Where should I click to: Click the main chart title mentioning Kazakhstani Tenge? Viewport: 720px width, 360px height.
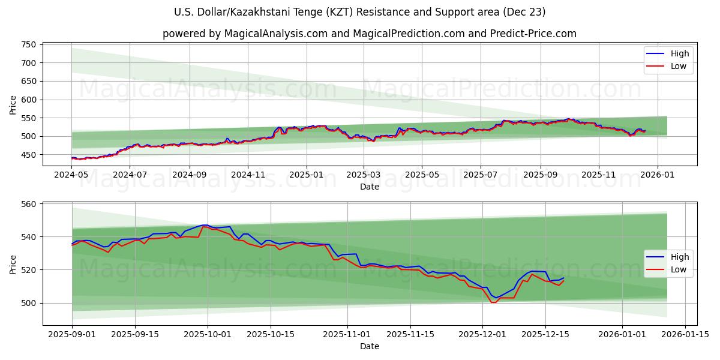tap(360, 12)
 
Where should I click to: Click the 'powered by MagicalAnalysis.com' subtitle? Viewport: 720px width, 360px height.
tap(369, 34)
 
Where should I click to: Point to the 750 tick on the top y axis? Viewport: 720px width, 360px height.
tap(29, 44)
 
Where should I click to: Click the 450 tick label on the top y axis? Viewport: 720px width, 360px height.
tap(29, 155)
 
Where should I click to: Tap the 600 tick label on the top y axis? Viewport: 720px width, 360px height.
tap(29, 100)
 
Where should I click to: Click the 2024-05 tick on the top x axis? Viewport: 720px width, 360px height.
tap(72, 175)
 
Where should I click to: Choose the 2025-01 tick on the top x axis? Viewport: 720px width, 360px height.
tap(306, 175)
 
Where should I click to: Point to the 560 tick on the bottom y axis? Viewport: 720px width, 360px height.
tap(29, 204)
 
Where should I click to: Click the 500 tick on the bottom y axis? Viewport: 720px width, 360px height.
tap(29, 303)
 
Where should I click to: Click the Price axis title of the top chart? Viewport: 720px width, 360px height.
tap(13, 104)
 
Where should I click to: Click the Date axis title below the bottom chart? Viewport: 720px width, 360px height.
tap(369, 346)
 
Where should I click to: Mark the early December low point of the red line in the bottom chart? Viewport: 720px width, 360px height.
tap(493, 302)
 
